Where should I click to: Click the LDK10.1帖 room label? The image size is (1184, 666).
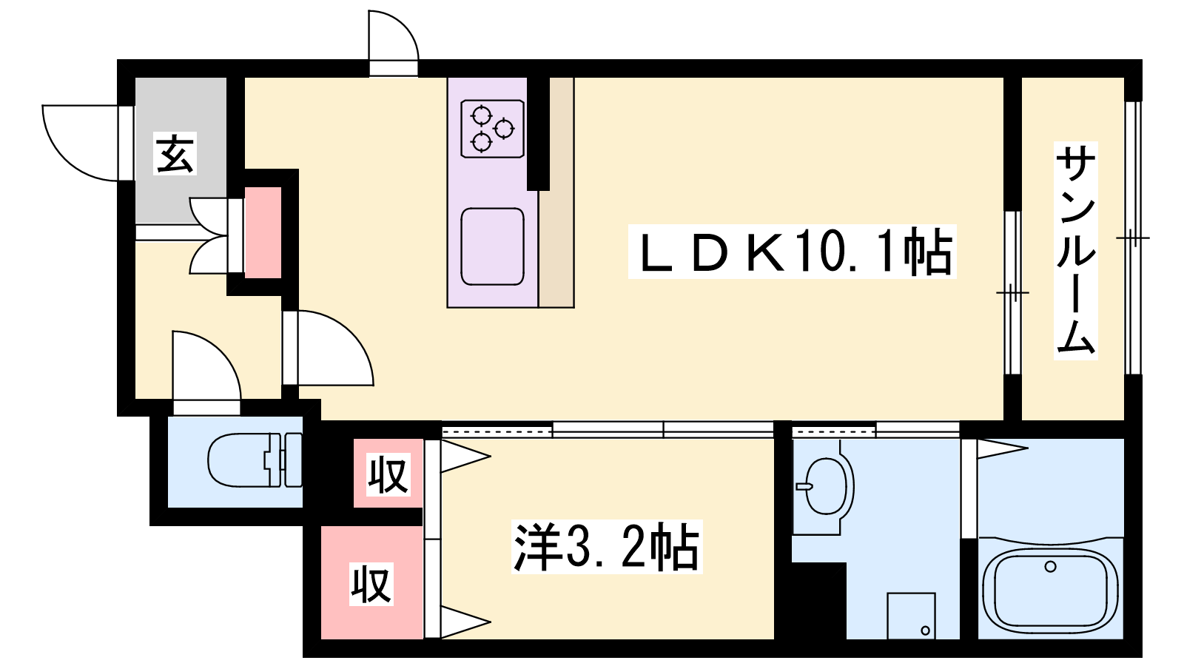tap(792, 252)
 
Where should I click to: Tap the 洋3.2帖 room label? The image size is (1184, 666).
tap(607, 547)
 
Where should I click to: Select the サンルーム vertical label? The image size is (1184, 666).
tap(1075, 251)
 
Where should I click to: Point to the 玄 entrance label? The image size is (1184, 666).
tap(175, 153)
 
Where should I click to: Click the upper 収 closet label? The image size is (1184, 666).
tap(388, 474)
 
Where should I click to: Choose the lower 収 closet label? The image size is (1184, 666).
tap(371, 584)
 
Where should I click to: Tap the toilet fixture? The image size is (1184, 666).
tap(255, 460)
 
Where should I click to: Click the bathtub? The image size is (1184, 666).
tap(1050, 588)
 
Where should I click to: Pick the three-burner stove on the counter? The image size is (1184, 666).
tap(492, 129)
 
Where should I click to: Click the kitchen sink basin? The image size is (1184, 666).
tap(492, 246)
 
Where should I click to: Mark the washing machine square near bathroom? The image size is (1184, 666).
tap(911, 616)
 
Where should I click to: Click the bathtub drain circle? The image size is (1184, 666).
tap(1050, 567)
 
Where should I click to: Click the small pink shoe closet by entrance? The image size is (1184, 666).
tap(263, 232)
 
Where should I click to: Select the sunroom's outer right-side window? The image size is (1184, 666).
tap(1133, 238)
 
